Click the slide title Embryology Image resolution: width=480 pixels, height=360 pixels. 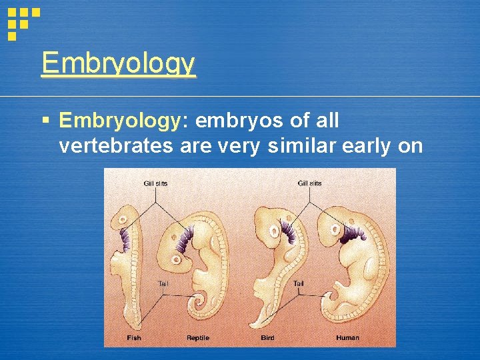tap(118, 64)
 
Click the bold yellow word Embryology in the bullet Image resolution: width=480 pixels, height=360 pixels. tap(119, 121)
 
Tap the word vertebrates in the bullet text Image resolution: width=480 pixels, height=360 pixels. tap(116, 145)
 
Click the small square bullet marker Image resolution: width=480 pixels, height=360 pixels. tap(45, 121)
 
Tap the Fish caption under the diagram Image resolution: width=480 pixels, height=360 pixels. tap(134, 338)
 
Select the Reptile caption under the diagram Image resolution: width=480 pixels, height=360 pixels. tap(197, 338)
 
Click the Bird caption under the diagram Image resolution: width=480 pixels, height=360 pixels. tap(267, 338)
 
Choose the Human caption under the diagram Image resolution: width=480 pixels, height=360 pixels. tap(347, 338)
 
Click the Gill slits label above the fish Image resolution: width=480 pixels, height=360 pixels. tap(155, 183)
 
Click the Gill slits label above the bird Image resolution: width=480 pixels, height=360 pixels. tap(309, 183)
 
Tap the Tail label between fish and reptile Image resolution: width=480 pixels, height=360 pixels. tap(163, 284)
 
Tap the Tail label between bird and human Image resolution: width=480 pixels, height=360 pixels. tap(299, 284)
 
